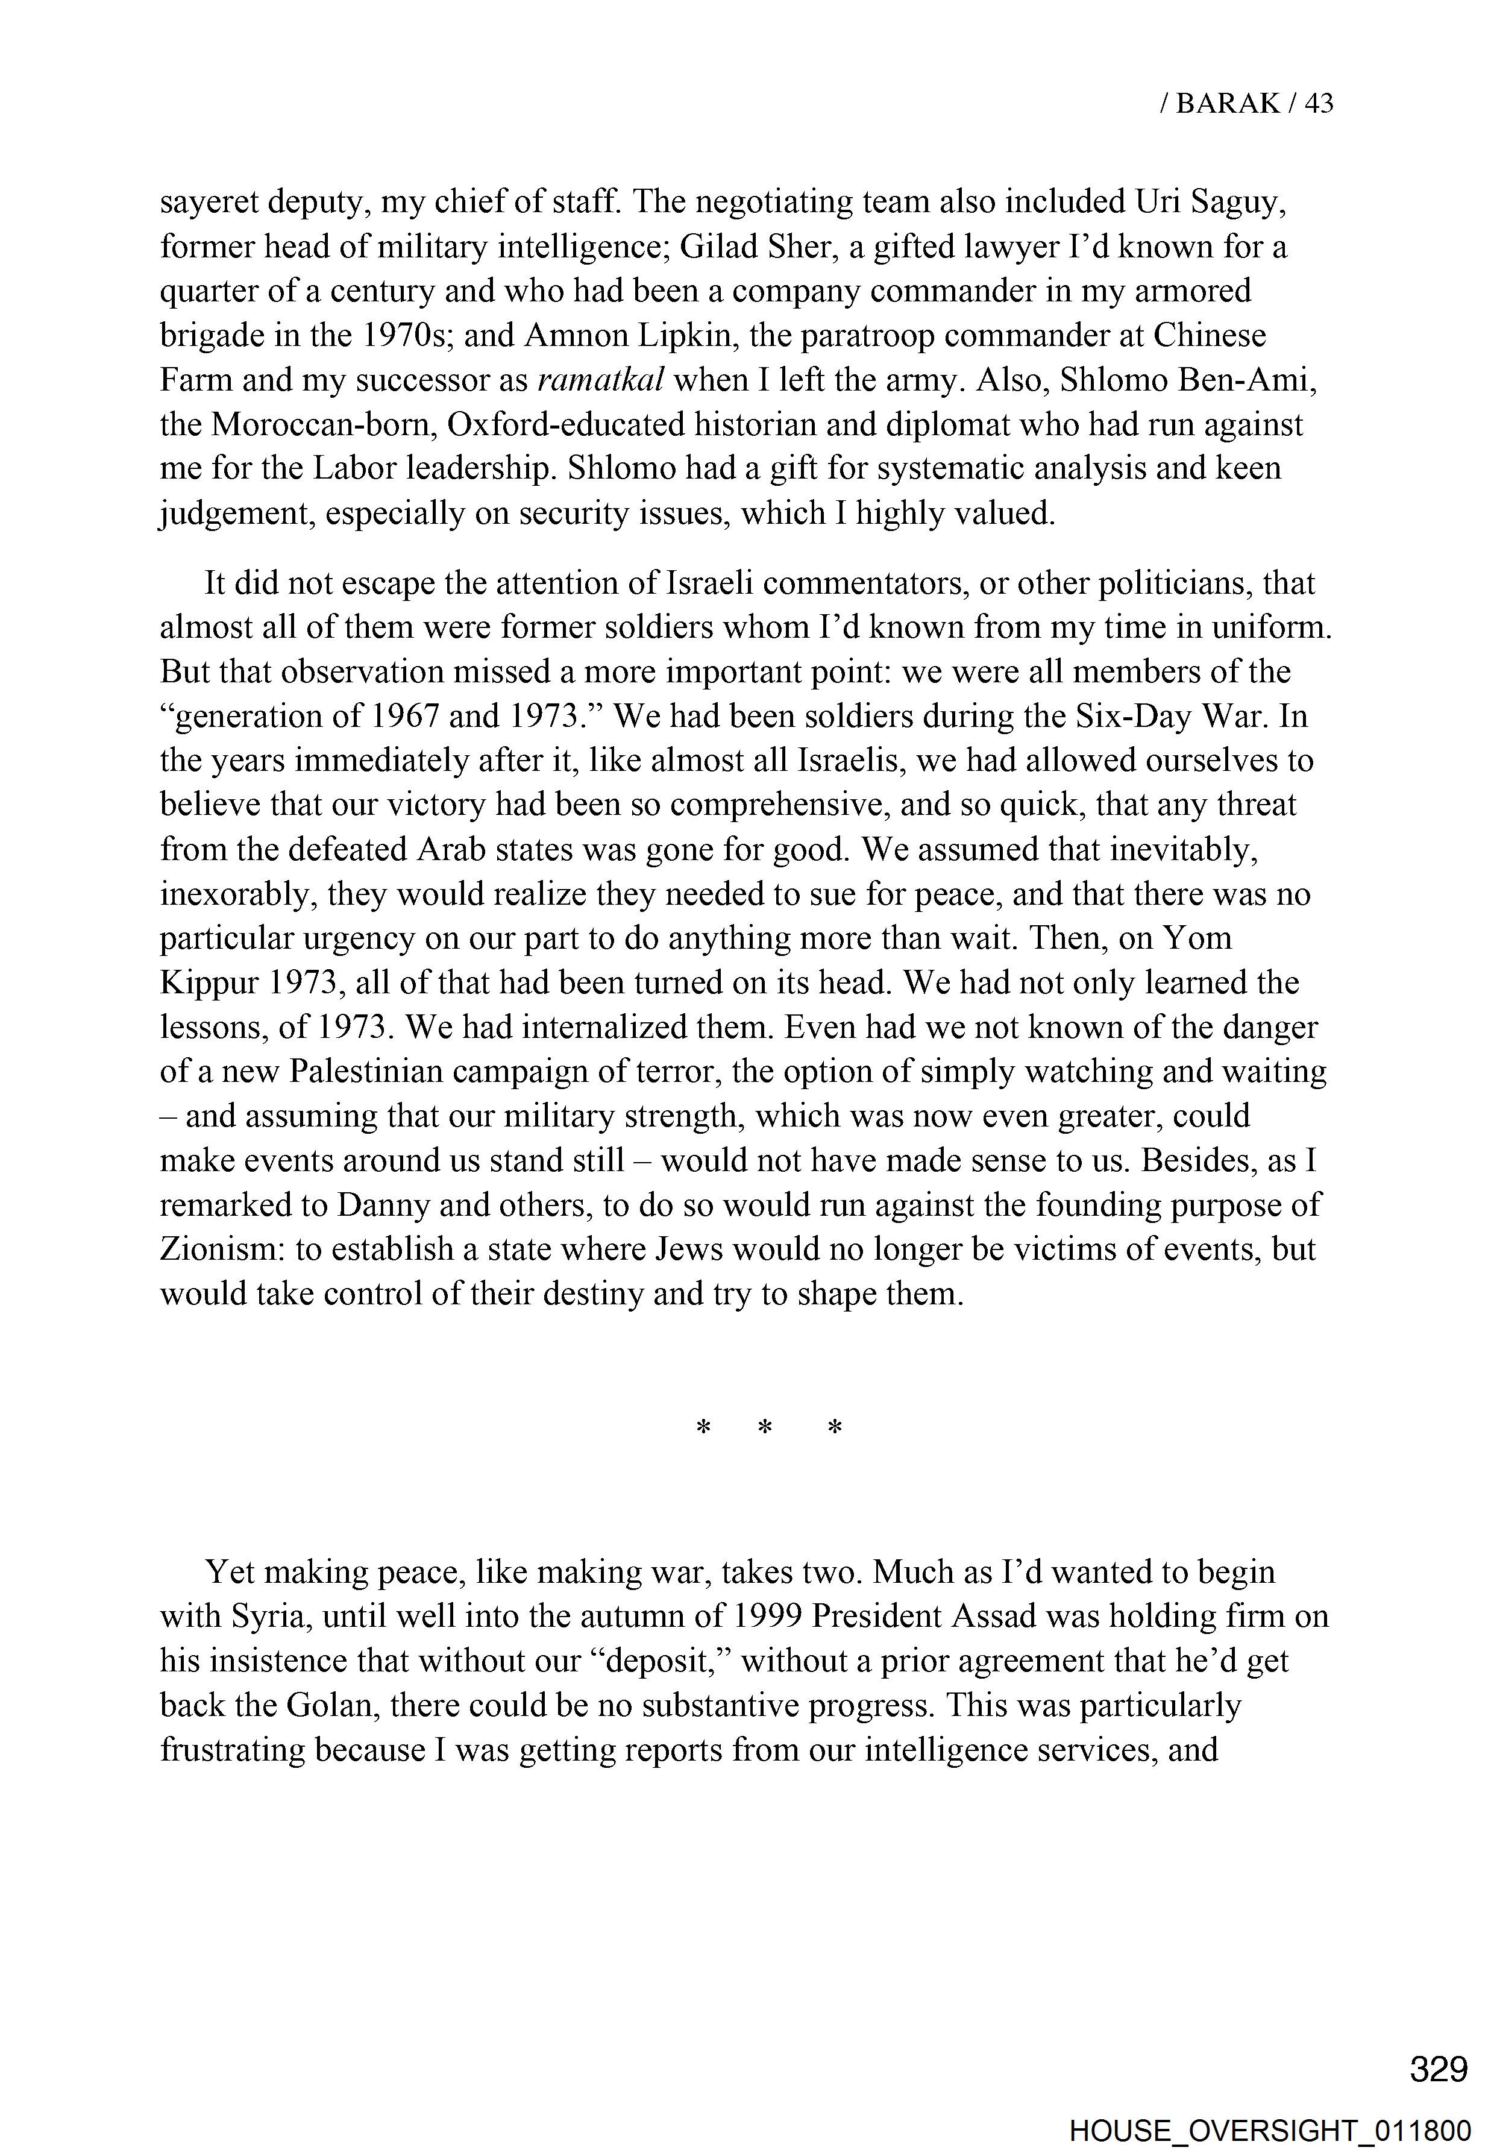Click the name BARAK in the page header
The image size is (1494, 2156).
[x=1227, y=103]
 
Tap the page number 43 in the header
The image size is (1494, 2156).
[x=1318, y=103]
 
